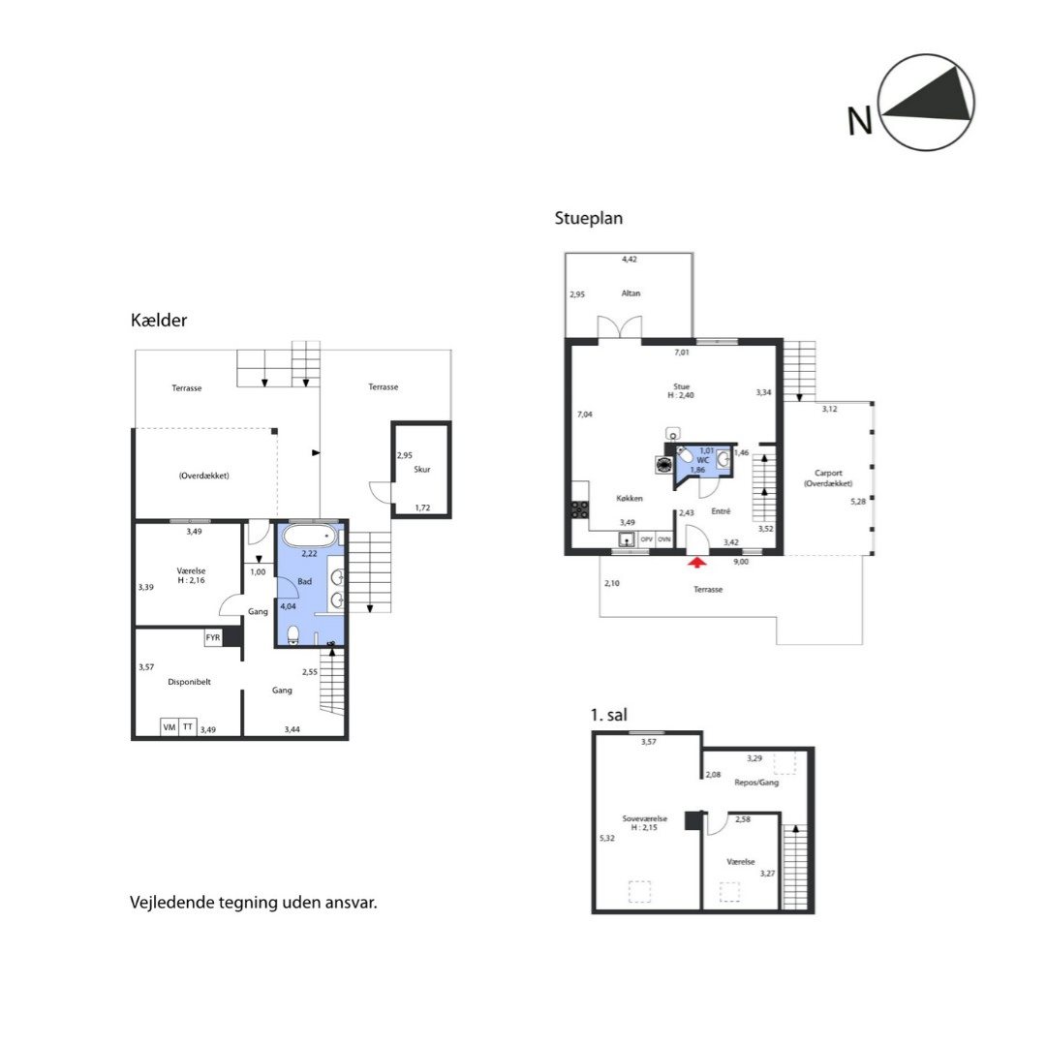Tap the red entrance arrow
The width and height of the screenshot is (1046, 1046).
pyautogui.click(x=697, y=563)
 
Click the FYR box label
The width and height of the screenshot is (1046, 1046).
pyautogui.click(x=213, y=637)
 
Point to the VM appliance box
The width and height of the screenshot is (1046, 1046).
pyautogui.click(x=169, y=727)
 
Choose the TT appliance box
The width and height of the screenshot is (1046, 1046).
pyautogui.click(x=188, y=727)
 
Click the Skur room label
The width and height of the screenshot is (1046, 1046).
pyautogui.click(x=422, y=469)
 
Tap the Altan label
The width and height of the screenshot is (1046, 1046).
pyautogui.click(x=631, y=292)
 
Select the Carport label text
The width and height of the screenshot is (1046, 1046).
pyautogui.click(x=828, y=473)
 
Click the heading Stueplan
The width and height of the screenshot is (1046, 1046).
pyautogui.click(x=589, y=218)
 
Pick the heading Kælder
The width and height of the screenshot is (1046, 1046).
pyautogui.click(x=159, y=321)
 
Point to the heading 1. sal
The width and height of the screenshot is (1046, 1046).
pyautogui.click(x=609, y=715)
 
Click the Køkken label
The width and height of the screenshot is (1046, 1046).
pyautogui.click(x=630, y=499)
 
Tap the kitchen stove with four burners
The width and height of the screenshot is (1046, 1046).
pyautogui.click(x=580, y=509)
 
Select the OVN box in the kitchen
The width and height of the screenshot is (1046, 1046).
pyautogui.click(x=664, y=539)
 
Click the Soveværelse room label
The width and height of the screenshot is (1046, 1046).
pyautogui.click(x=645, y=818)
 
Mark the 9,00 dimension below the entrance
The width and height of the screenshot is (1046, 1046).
pyautogui.click(x=741, y=562)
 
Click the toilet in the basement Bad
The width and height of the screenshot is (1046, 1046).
pyautogui.click(x=292, y=634)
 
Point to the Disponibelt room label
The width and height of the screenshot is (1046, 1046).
pyautogui.click(x=190, y=682)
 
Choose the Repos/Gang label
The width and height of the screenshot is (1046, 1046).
pyautogui.click(x=756, y=783)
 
